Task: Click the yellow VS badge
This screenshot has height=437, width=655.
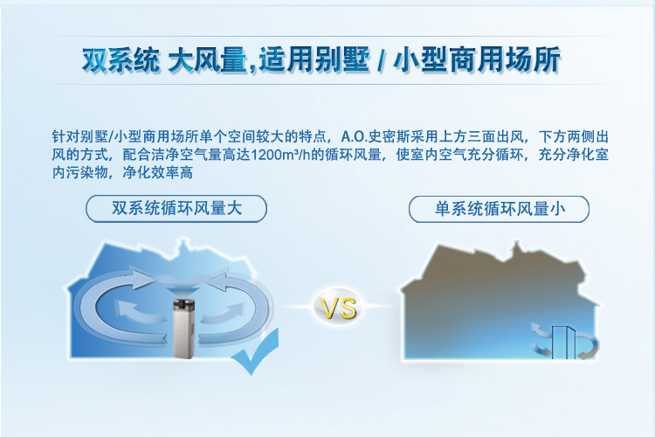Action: click(x=338, y=309)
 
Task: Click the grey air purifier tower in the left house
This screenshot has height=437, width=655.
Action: click(x=184, y=329)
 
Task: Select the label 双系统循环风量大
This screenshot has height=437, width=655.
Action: click(x=176, y=208)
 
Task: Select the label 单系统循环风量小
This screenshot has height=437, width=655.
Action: click(x=500, y=209)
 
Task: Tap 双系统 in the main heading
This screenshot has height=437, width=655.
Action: click(x=121, y=59)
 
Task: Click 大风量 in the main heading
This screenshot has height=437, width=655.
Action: click(x=207, y=59)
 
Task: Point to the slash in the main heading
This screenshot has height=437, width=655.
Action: click(x=381, y=61)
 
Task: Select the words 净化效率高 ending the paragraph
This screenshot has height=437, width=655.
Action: click(x=157, y=172)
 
